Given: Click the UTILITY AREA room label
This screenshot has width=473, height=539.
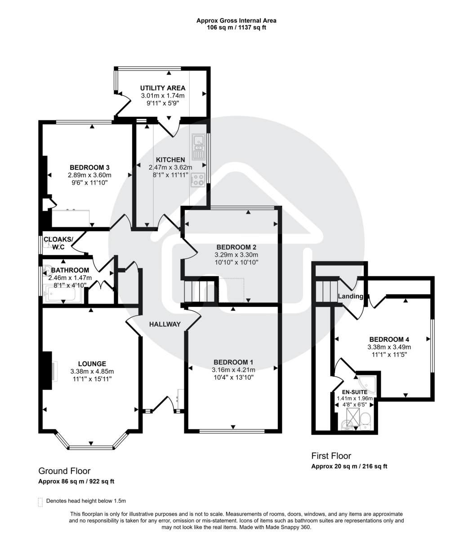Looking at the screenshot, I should click(x=162, y=88).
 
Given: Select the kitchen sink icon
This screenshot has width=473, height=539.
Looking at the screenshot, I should click(x=198, y=147).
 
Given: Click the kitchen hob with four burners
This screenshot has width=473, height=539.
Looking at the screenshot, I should click(x=198, y=179).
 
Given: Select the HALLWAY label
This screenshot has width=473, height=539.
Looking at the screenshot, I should click(x=165, y=324).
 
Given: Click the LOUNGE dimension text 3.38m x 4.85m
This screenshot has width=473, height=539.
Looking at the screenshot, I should click(x=92, y=371).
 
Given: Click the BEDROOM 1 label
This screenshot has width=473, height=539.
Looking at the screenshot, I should click(x=233, y=362).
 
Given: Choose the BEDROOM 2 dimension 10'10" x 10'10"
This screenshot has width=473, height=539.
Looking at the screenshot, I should click(x=236, y=262).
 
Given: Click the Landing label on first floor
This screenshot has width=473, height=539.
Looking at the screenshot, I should click(x=351, y=296).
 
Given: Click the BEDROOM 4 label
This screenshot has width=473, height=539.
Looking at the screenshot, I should click(x=389, y=339).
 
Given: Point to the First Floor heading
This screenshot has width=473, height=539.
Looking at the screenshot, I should click(x=331, y=456).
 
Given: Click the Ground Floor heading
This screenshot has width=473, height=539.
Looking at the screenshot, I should click(x=64, y=471).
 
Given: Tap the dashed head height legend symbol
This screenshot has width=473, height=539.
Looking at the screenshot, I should click(x=40, y=501).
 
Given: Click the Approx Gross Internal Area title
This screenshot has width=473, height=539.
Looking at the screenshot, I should click(x=236, y=20).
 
